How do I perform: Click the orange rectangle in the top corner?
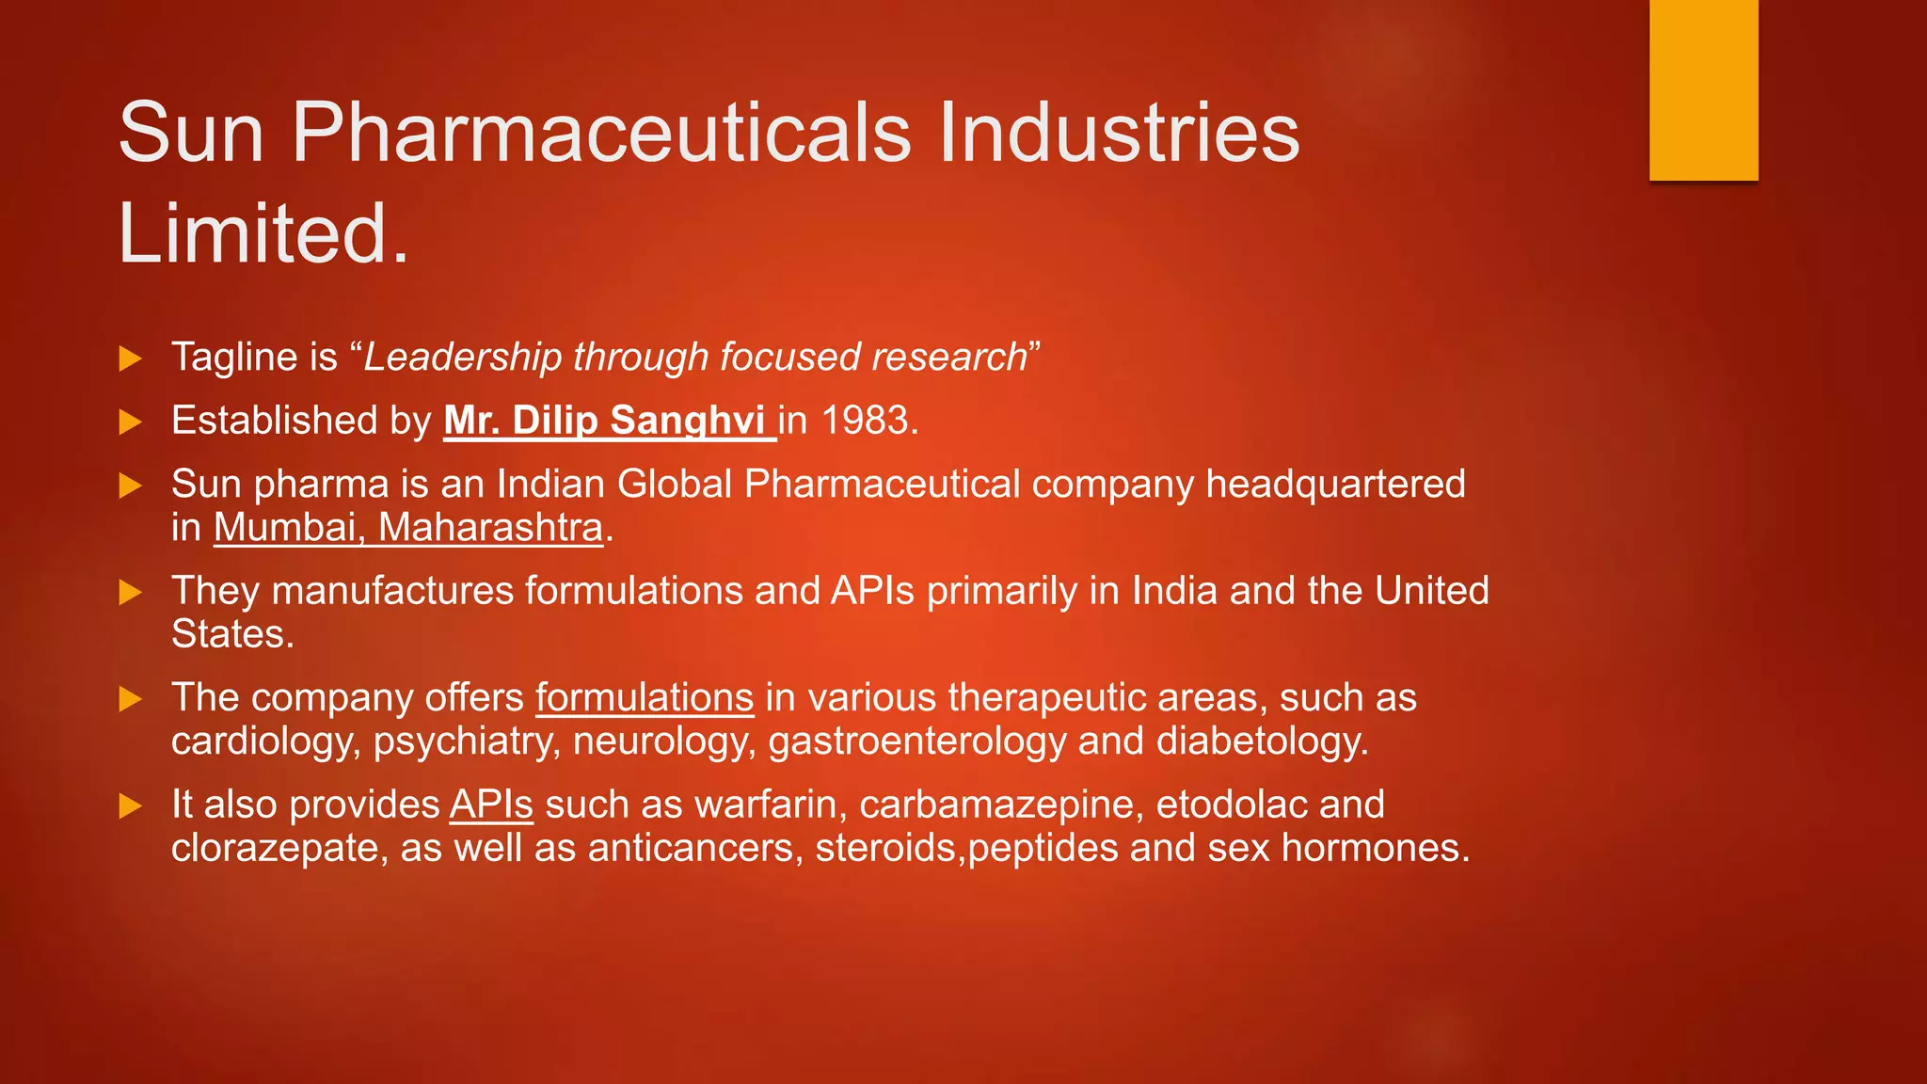point(1703,90)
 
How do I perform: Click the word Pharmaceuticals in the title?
point(601,133)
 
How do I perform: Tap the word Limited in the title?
point(253,233)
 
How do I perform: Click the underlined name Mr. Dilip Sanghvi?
point(609,421)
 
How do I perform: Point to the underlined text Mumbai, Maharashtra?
point(407,528)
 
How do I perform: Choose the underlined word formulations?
point(645,698)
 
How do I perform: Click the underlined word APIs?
point(491,805)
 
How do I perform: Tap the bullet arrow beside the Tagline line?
point(131,359)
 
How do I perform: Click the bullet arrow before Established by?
point(131,422)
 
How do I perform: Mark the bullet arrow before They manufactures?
point(131,592)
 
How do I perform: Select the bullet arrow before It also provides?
point(131,805)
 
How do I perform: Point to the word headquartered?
point(1335,484)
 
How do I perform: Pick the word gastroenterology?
point(916,741)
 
